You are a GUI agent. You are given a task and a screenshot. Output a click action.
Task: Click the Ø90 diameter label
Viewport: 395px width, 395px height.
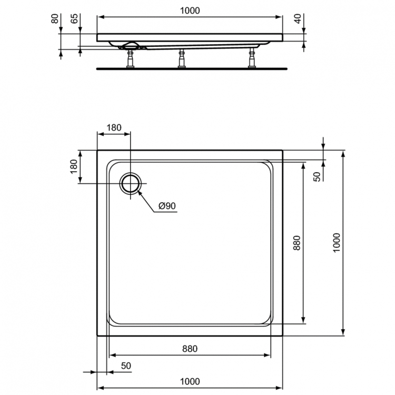pyautogui.click(x=166, y=206)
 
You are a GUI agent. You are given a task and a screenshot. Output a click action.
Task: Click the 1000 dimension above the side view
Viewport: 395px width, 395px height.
pyautogui.click(x=190, y=10)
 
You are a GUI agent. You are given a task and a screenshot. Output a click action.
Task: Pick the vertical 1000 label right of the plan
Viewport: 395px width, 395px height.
pyautogui.click(x=337, y=242)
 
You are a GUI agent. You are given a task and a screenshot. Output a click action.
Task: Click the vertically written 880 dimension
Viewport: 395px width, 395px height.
pyautogui.click(x=297, y=242)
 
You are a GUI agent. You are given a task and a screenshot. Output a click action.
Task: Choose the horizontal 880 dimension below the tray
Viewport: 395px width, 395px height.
pyautogui.click(x=190, y=348)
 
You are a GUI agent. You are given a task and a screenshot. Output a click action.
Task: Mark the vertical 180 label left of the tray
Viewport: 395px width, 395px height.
pyautogui.click(x=74, y=166)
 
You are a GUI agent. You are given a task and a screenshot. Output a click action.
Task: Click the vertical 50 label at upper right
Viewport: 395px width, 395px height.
pyautogui.click(x=317, y=176)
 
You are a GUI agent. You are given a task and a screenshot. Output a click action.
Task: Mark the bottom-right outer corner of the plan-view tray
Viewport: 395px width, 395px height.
pyautogui.click(x=283, y=335)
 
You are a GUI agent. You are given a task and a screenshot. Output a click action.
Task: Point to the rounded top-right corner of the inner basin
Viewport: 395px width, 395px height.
pyautogui.click(x=270, y=163)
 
